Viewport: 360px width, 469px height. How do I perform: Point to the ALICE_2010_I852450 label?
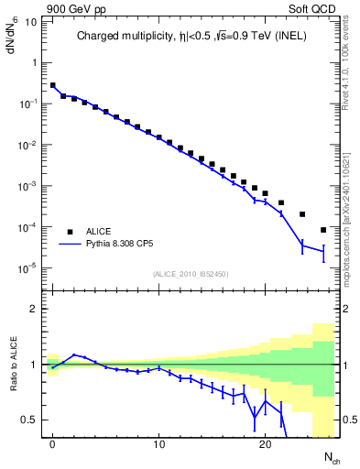pos(190,274)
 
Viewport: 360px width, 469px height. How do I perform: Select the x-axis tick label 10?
pos(158,444)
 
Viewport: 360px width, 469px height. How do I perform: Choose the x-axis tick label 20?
pos(265,444)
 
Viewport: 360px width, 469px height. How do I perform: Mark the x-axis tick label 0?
pos(53,444)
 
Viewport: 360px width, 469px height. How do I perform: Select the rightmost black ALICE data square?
pos(323,230)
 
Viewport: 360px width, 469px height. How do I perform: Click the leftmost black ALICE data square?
pos(53,85)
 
